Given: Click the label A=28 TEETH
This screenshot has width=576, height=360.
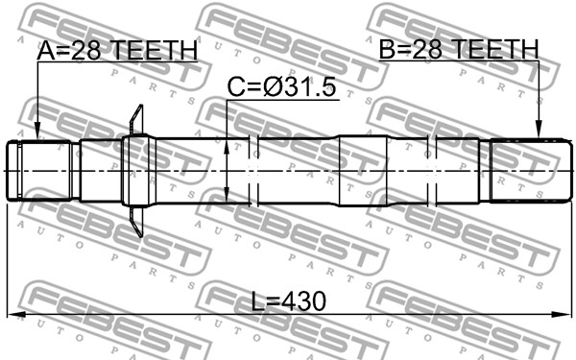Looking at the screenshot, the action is point(117,50).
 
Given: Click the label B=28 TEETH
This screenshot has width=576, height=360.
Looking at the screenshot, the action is point(459,49).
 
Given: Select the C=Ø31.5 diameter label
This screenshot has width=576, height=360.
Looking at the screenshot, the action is point(281,87).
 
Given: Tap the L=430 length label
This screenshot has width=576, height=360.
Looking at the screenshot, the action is point(289,301).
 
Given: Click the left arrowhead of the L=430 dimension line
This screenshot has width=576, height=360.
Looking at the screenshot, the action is point(16,314).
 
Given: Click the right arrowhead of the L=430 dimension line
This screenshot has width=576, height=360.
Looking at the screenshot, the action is point(563,314).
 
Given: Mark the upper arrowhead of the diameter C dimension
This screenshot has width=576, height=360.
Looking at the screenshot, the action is point(227,147).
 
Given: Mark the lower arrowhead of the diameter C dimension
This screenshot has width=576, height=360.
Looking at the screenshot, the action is point(227,194).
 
